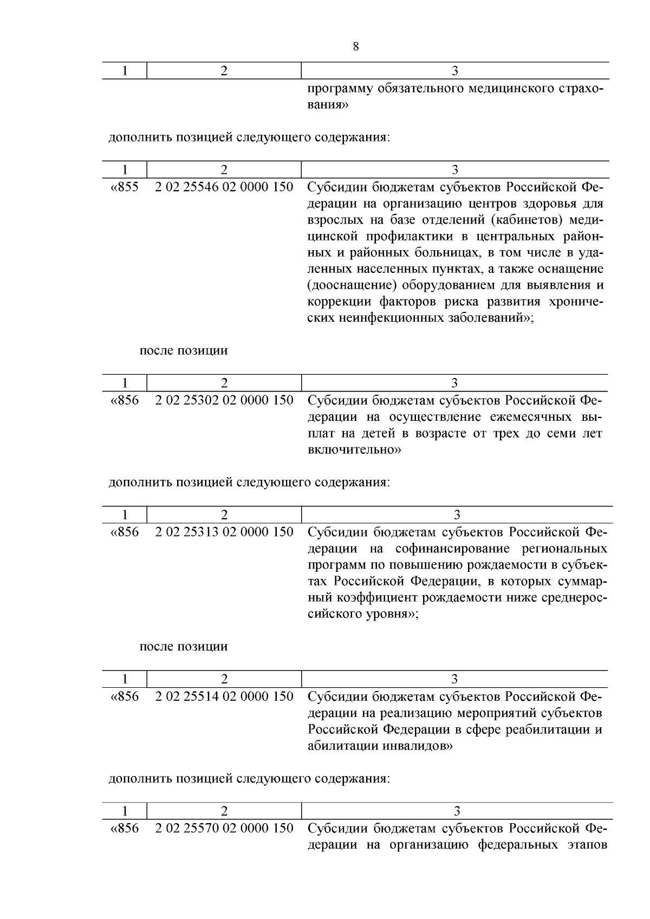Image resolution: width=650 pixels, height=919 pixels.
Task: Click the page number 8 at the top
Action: click(x=355, y=47)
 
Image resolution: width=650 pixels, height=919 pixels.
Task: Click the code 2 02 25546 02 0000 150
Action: click(x=224, y=187)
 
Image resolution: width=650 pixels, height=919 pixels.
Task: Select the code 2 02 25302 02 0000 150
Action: click(x=224, y=400)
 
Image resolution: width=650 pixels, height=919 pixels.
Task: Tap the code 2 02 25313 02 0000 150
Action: click(x=224, y=532)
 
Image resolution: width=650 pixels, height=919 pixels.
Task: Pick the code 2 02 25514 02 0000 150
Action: click(x=224, y=696)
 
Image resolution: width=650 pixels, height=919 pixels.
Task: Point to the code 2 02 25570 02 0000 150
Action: click(x=224, y=828)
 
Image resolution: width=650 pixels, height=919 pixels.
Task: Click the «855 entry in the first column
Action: click(x=125, y=187)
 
